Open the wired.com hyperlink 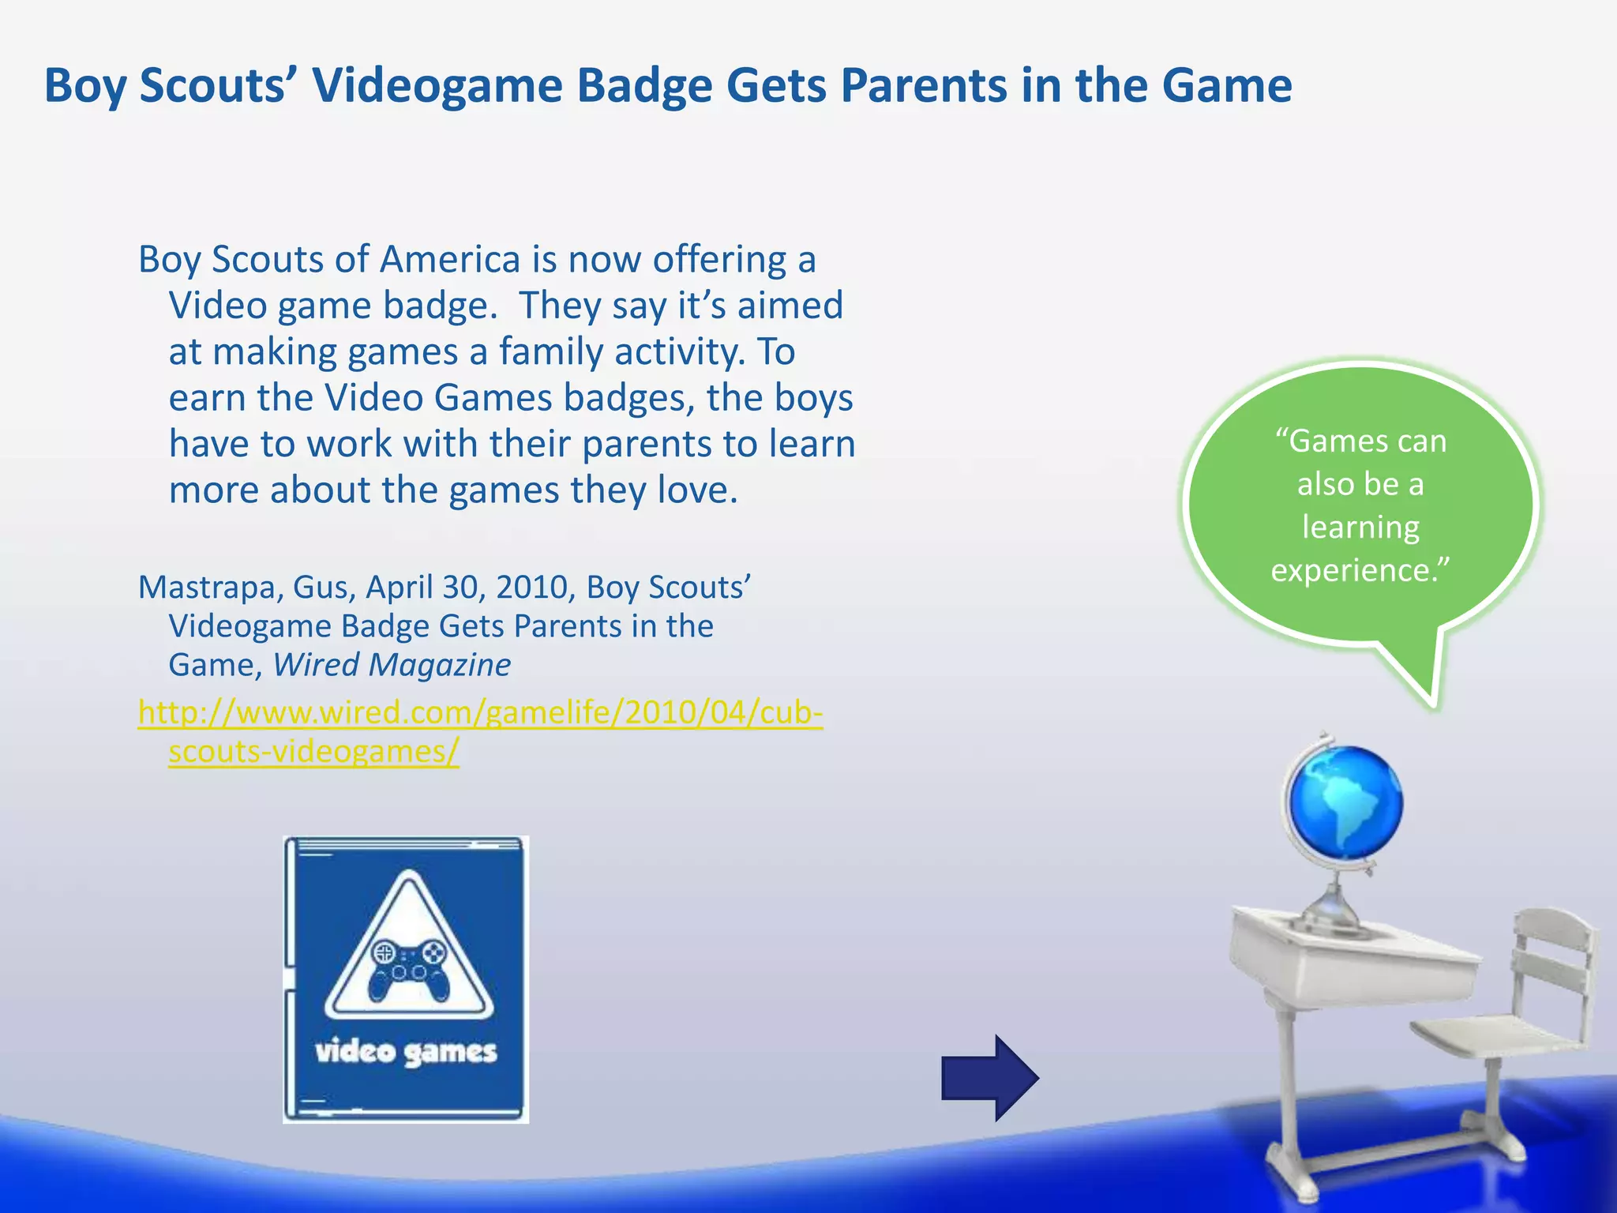point(480,713)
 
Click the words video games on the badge point(406,1052)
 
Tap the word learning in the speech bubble point(1360,528)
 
